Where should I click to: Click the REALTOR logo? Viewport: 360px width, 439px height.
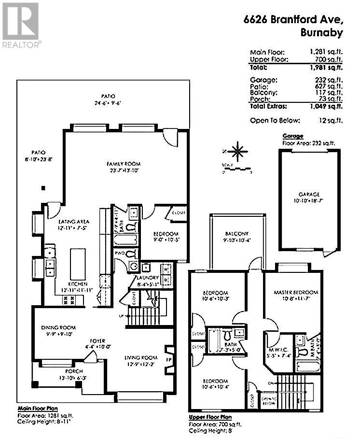[21, 25]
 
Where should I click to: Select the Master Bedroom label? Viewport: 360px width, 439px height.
[295, 292]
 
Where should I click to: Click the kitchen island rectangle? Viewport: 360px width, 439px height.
[77, 265]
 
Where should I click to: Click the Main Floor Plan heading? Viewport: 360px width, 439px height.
[38, 408]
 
